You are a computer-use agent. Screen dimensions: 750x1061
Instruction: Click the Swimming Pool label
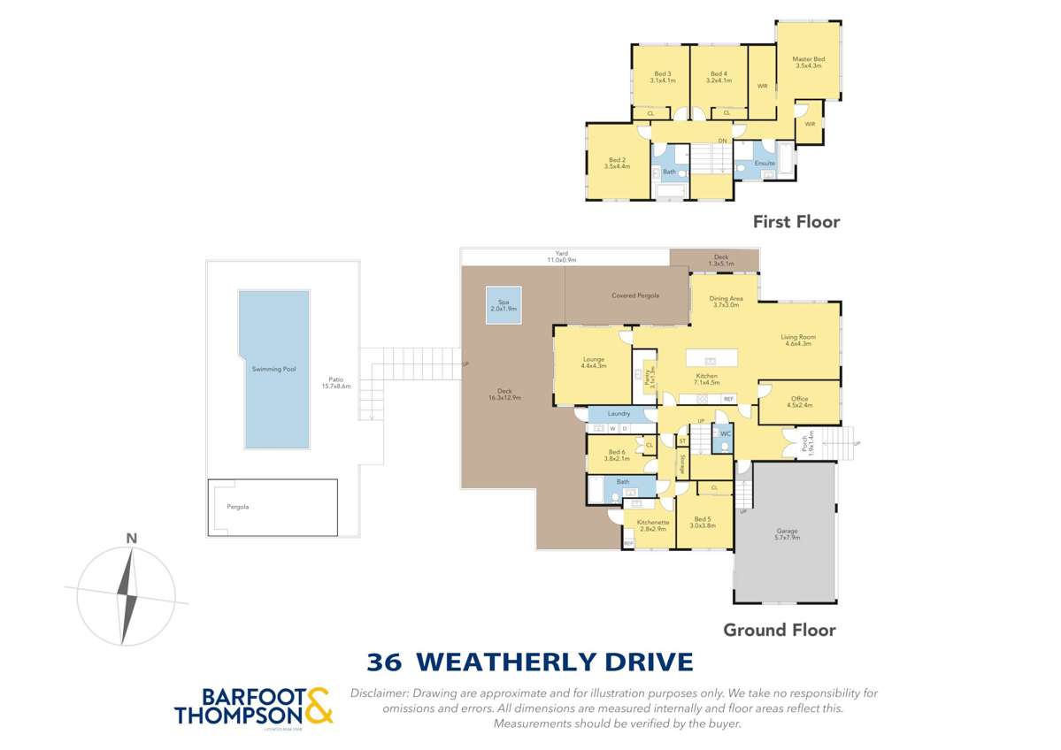pos(273,368)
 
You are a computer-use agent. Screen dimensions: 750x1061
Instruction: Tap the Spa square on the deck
pos(503,305)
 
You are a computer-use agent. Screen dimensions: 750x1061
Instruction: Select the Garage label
pos(787,533)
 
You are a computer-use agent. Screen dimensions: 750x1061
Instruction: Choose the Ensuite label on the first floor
pos(765,164)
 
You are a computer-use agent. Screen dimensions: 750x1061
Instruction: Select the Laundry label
pos(619,414)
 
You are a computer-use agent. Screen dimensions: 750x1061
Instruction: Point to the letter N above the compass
pos(131,538)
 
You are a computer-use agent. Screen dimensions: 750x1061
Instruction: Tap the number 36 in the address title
pos(384,662)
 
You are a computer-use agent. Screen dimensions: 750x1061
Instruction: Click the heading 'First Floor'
pos(796,222)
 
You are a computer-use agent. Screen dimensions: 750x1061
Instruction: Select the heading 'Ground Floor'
pos(779,630)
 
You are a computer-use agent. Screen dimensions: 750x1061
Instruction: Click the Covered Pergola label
pos(635,295)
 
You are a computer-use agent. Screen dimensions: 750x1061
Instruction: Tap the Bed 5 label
pos(702,520)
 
